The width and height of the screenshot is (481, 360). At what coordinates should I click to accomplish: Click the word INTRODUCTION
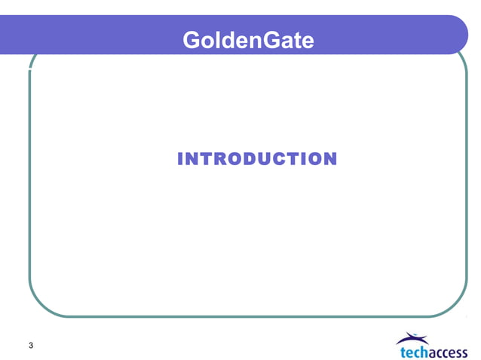tap(256, 159)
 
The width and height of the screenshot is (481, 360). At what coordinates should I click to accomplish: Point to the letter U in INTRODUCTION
tap(265, 159)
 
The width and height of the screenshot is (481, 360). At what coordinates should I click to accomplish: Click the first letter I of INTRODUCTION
tap(180, 159)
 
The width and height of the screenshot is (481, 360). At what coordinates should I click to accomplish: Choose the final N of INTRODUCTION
tap(329, 159)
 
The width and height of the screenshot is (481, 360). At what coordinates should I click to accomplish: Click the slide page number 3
tap(30, 346)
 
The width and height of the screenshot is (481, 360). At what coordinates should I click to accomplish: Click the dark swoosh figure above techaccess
tap(416, 338)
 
